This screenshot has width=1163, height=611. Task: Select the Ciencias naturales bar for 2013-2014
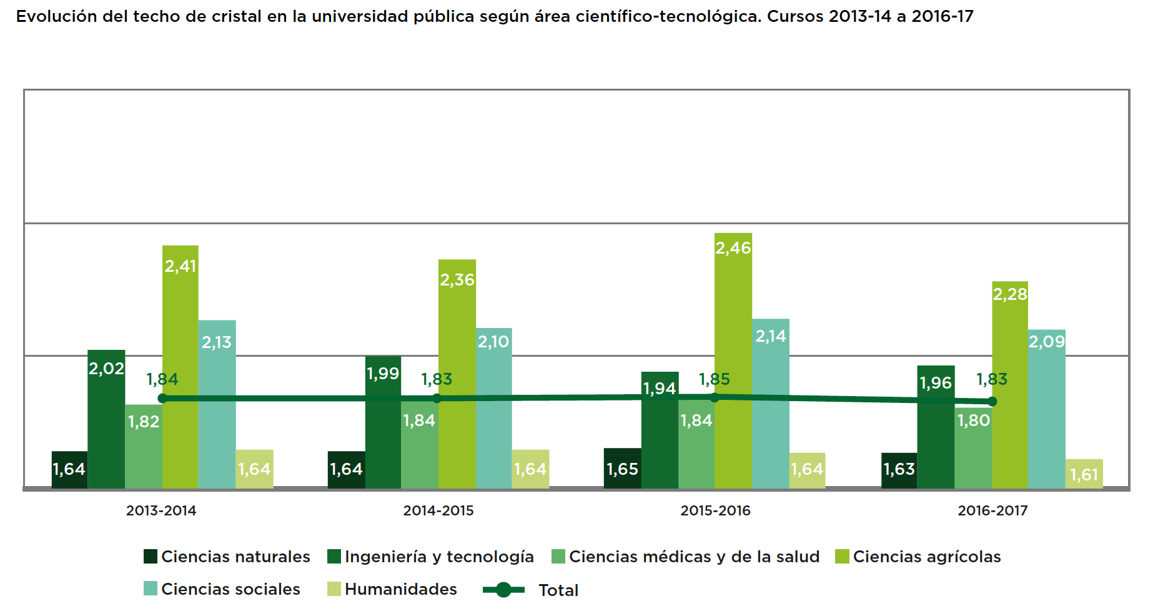point(69,469)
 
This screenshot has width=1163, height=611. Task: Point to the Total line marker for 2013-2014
point(162,399)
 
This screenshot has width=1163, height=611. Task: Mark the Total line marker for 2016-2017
point(992,402)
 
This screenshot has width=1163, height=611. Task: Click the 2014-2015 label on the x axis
point(438,510)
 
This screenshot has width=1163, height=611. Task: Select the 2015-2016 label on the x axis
point(715,510)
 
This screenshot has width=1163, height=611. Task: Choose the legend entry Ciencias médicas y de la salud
point(686,557)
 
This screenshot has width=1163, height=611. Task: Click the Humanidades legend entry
point(392,589)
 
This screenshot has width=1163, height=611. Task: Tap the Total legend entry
point(531,590)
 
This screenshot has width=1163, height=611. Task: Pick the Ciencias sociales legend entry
point(222,589)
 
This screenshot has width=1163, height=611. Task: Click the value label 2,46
point(733,248)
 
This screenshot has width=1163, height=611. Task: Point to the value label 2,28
point(1010,294)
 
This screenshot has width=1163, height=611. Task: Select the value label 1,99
point(383,374)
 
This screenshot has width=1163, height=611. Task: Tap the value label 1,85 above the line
point(714,379)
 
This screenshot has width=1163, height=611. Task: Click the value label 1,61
point(1084,475)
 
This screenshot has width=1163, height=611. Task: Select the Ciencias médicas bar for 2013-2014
point(144,446)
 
